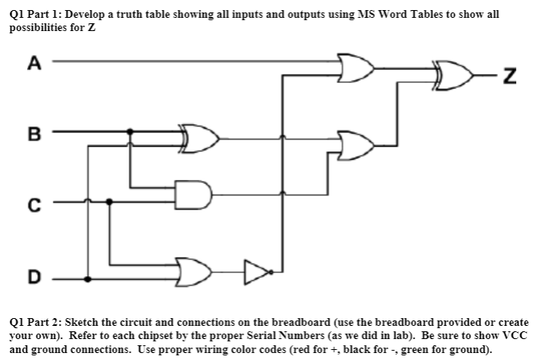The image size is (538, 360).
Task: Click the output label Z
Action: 509,76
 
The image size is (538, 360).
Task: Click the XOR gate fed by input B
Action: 195,139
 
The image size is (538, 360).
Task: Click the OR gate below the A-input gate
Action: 355,145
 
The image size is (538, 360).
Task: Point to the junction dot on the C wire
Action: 109,201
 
